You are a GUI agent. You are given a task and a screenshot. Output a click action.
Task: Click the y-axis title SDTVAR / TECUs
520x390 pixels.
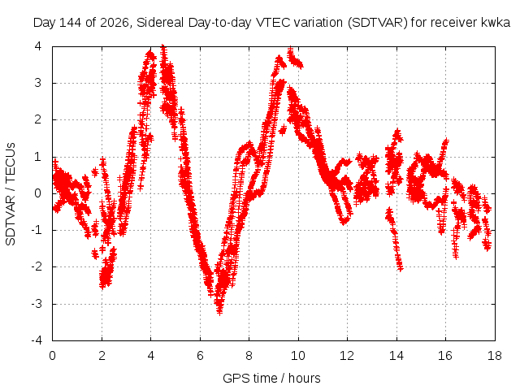click(11, 194)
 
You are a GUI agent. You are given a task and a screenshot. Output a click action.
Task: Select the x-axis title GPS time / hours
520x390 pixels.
click(271, 378)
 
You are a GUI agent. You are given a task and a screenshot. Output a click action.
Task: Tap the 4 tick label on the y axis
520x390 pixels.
click(38, 46)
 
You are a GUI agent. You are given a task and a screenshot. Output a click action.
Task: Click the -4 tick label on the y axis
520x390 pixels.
click(36, 340)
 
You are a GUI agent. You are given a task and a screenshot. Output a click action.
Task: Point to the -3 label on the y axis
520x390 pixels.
click(36, 303)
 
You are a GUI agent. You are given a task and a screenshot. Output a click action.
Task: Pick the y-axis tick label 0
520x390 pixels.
click(38, 193)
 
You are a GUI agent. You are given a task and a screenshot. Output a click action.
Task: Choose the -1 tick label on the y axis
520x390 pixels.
click(36, 230)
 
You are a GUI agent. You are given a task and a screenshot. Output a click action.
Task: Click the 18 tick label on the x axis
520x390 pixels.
click(495, 356)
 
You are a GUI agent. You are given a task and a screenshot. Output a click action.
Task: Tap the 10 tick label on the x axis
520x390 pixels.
click(298, 356)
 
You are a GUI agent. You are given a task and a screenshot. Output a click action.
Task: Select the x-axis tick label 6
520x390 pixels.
click(200, 356)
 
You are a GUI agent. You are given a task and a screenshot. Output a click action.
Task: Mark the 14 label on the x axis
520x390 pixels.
click(396, 356)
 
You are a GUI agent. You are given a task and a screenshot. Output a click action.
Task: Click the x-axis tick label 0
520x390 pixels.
click(52, 356)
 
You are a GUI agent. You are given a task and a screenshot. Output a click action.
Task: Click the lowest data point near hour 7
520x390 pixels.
click(219, 311)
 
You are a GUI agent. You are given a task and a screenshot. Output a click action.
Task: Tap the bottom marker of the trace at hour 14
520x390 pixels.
click(401, 268)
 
